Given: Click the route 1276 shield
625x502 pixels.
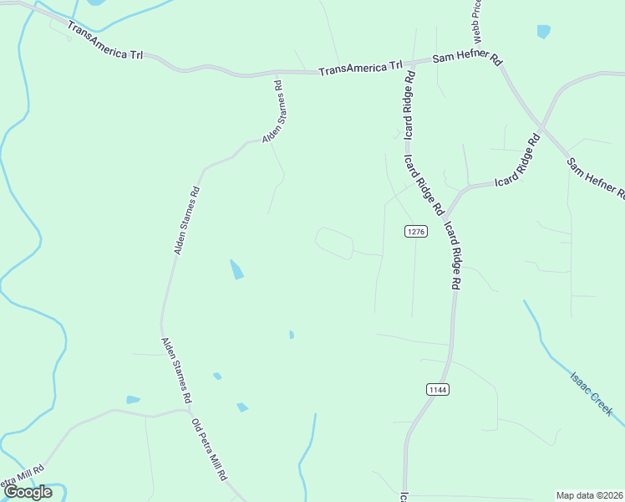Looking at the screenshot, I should pyautogui.click(x=416, y=231).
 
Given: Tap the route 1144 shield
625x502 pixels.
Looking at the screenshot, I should pyautogui.click(x=438, y=389).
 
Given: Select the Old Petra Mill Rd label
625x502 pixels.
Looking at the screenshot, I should pyautogui.click(x=210, y=448).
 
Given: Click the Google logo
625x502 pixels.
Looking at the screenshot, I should pyautogui.click(x=28, y=492).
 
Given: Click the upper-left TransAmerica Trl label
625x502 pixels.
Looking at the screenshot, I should pyautogui.click(x=106, y=43).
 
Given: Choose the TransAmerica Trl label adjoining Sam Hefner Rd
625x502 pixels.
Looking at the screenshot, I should pyautogui.click(x=361, y=67).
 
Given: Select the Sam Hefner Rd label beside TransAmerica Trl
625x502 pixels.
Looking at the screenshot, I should pyautogui.click(x=466, y=60).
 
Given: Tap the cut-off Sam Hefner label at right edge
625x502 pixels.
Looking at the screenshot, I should pyautogui.click(x=596, y=177).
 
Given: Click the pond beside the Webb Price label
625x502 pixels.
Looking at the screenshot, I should pyautogui.click(x=544, y=32).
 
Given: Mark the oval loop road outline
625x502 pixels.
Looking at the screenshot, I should pyautogui.click(x=334, y=243).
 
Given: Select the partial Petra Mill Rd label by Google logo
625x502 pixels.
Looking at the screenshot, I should pyautogui.click(x=21, y=476).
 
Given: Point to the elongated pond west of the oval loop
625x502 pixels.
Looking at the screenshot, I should pyautogui.click(x=237, y=269).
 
